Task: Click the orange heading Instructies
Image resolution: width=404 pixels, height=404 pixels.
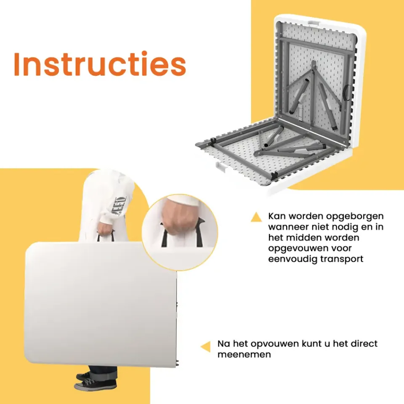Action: click(x=100, y=64)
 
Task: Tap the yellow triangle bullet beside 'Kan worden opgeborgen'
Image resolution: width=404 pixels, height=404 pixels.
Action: click(x=256, y=217)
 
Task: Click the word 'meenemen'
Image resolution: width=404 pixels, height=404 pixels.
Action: click(x=244, y=354)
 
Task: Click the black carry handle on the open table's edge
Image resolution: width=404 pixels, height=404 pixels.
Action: click(x=347, y=93)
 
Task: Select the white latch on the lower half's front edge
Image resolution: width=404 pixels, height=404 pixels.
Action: click(x=221, y=167)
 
